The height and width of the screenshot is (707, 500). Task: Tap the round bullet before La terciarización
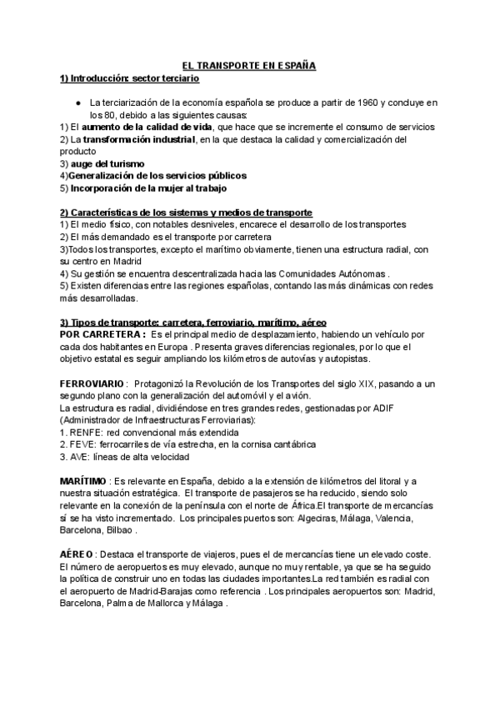[x=77, y=103]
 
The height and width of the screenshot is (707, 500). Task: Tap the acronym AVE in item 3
[x=82, y=457]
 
